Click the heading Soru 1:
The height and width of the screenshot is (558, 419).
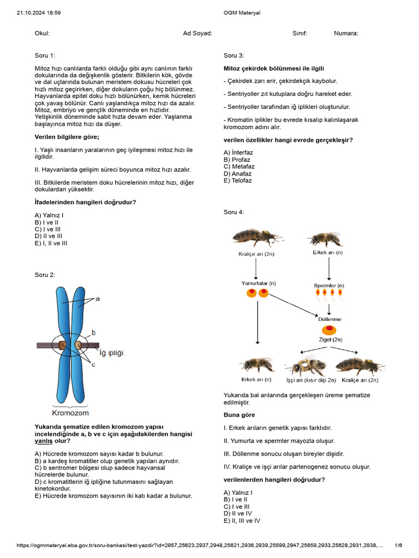click(x=45, y=55)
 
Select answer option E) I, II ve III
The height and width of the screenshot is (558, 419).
click(x=51, y=243)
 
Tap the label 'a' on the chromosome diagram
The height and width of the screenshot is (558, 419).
click(x=98, y=299)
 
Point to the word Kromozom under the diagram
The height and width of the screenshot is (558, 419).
click(x=70, y=413)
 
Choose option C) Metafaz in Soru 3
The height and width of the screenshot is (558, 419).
click(x=239, y=167)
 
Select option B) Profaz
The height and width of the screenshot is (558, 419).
click(x=237, y=160)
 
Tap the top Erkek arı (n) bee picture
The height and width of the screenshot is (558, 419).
click(x=326, y=238)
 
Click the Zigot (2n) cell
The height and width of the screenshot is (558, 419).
click(x=329, y=330)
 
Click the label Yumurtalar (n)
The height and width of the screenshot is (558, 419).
click(x=259, y=283)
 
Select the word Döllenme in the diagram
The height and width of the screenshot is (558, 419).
click(x=330, y=319)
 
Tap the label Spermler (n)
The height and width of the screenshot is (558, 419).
click(x=328, y=285)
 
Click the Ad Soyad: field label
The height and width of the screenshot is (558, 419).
click(x=197, y=33)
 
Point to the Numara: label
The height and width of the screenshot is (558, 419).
click(x=346, y=33)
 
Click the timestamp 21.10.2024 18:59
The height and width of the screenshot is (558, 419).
click(x=39, y=13)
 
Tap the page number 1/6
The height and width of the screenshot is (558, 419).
click(x=398, y=545)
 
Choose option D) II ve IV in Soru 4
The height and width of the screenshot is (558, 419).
click(x=238, y=513)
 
